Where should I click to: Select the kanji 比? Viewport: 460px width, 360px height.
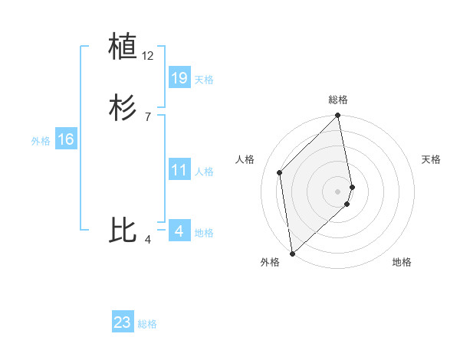[x=123, y=229]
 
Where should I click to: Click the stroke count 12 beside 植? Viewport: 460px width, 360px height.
[x=148, y=56]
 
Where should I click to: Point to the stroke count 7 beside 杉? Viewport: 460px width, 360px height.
[x=147, y=116]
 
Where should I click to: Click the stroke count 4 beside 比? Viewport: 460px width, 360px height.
[x=147, y=241]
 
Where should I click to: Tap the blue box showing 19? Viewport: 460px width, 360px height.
[x=179, y=77]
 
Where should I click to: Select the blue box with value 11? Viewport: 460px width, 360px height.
[x=179, y=170]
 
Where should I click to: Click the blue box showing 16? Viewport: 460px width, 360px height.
[x=65, y=139]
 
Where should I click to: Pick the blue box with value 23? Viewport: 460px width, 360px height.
[x=123, y=322]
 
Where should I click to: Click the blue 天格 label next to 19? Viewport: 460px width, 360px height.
[x=204, y=79]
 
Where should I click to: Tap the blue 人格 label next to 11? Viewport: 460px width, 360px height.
[x=204, y=172]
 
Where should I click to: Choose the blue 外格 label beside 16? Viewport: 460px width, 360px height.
[x=41, y=141]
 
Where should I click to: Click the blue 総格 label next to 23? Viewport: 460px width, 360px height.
[x=147, y=324]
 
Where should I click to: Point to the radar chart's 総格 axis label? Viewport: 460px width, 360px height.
[x=338, y=100]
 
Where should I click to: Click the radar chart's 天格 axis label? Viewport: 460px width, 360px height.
[x=431, y=159]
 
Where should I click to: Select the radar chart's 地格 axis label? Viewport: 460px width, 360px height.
[x=402, y=262]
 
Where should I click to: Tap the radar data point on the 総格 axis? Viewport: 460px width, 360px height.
[x=338, y=116]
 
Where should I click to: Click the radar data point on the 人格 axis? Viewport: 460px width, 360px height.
[x=280, y=172]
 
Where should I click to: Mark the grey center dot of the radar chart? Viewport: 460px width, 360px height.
[x=338, y=191]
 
